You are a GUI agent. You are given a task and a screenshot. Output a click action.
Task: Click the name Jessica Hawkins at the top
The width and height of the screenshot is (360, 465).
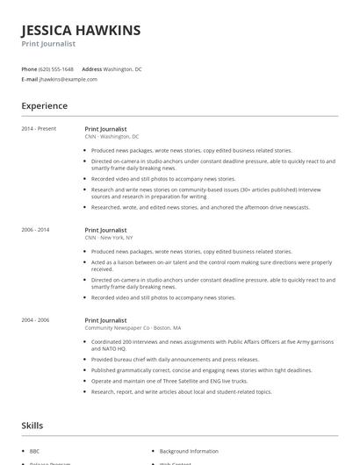point(80,31)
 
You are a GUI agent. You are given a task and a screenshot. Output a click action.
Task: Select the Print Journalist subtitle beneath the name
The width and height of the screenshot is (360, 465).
point(48,43)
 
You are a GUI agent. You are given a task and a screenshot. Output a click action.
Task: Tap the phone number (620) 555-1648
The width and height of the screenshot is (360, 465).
point(56,68)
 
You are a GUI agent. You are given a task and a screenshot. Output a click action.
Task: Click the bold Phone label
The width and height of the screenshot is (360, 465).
point(29,68)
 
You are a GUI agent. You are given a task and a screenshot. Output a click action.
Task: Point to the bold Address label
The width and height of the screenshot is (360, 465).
point(91,68)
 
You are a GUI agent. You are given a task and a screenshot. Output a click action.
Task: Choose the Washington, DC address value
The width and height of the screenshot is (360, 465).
point(123,68)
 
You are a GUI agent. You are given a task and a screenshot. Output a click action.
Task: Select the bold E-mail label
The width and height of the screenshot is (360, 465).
point(30,79)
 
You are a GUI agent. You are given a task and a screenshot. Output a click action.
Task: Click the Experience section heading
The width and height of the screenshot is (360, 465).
point(44,106)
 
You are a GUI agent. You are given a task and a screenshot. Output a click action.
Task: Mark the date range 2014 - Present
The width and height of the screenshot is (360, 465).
point(39,129)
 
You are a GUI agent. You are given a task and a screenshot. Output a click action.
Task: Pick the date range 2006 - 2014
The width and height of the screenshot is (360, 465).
point(35,230)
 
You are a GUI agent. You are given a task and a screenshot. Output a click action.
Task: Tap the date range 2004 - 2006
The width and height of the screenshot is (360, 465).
point(35,321)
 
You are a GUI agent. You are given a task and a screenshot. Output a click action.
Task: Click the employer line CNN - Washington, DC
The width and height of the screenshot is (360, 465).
point(112,137)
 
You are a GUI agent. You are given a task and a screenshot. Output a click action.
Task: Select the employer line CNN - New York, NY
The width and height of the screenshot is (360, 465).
point(109,238)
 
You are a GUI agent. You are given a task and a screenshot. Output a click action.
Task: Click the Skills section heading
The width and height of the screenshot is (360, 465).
point(32,426)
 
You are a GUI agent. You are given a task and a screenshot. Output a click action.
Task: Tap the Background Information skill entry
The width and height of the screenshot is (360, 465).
point(189,450)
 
